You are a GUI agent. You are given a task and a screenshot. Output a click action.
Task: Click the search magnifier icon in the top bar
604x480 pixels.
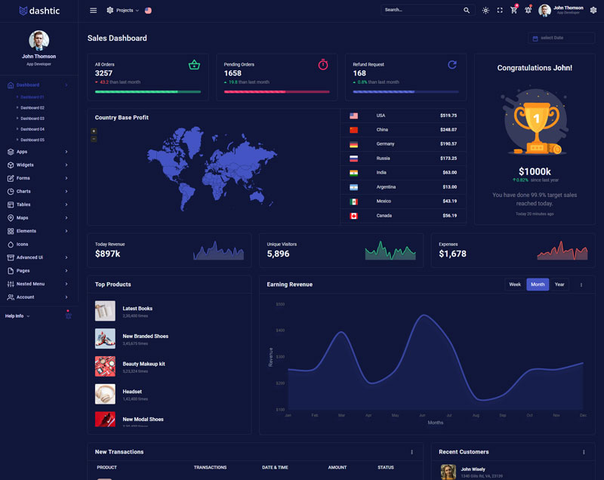pyautogui.click(x=467, y=11)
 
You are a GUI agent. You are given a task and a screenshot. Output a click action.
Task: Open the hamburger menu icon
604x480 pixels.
pyautogui.click(x=93, y=11)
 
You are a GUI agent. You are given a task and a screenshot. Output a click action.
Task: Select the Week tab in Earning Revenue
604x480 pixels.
pyautogui.click(x=515, y=285)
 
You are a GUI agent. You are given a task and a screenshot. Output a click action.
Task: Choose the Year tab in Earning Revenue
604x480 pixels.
pyautogui.click(x=559, y=285)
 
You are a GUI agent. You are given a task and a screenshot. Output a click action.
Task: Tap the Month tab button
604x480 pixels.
pyautogui.click(x=538, y=285)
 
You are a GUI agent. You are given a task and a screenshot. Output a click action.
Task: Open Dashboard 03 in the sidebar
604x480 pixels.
pyautogui.click(x=32, y=118)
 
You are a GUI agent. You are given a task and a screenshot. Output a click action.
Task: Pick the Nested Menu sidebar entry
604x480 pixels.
pyautogui.click(x=30, y=284)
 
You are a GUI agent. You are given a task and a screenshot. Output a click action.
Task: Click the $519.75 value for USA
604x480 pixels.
pyautogui.click(x=448, y=115)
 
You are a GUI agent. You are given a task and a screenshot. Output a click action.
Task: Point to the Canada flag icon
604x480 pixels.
pyautogui.click(x=353, y=216)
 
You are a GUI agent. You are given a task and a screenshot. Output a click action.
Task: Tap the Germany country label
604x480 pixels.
pyautogui.click(x=385, y=144)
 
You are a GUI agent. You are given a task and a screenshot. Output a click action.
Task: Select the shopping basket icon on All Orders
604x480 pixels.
pyautogui.click(x=194, y=65)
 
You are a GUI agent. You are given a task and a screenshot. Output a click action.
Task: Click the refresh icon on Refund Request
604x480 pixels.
pyautogui.click(x=452, y=65)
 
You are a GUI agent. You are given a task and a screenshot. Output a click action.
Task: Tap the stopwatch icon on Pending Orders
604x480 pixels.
pyautogui.click(x=323, y=65)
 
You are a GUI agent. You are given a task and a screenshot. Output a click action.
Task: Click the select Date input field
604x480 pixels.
pyautogui.click(x=562, y=38)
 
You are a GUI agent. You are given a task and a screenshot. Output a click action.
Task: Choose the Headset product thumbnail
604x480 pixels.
pyautogui.click(x=105, y=394)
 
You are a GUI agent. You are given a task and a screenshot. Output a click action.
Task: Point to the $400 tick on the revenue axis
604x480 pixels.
pyautogui.click(x=280, y=331)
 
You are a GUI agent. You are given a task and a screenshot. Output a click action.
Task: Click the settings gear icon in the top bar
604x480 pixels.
pyautogui.click(x=593, y=11)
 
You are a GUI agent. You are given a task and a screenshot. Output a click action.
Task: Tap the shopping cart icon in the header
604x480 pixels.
pyautogui.click(x=514, y=11)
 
